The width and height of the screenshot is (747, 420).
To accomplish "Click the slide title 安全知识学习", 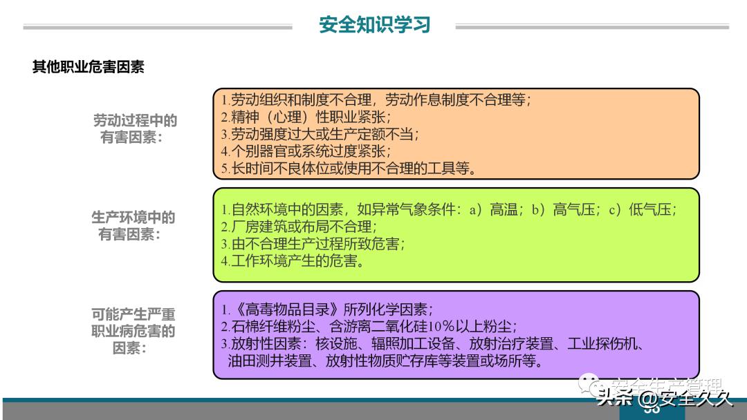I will (x=375, y=25).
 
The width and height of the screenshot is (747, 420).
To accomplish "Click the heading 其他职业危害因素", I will (x=88, y=67).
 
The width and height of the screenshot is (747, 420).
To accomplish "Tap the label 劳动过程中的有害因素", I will (x=135, y=128).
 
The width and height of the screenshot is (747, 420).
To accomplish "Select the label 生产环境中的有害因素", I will (x=133, y=226).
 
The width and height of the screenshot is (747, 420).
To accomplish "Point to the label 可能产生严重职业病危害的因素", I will (x=133, y=331).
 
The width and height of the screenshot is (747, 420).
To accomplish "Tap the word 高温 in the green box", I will (x=504, y=209).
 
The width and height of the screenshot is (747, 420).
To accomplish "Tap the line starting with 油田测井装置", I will (x=385, y=361).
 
